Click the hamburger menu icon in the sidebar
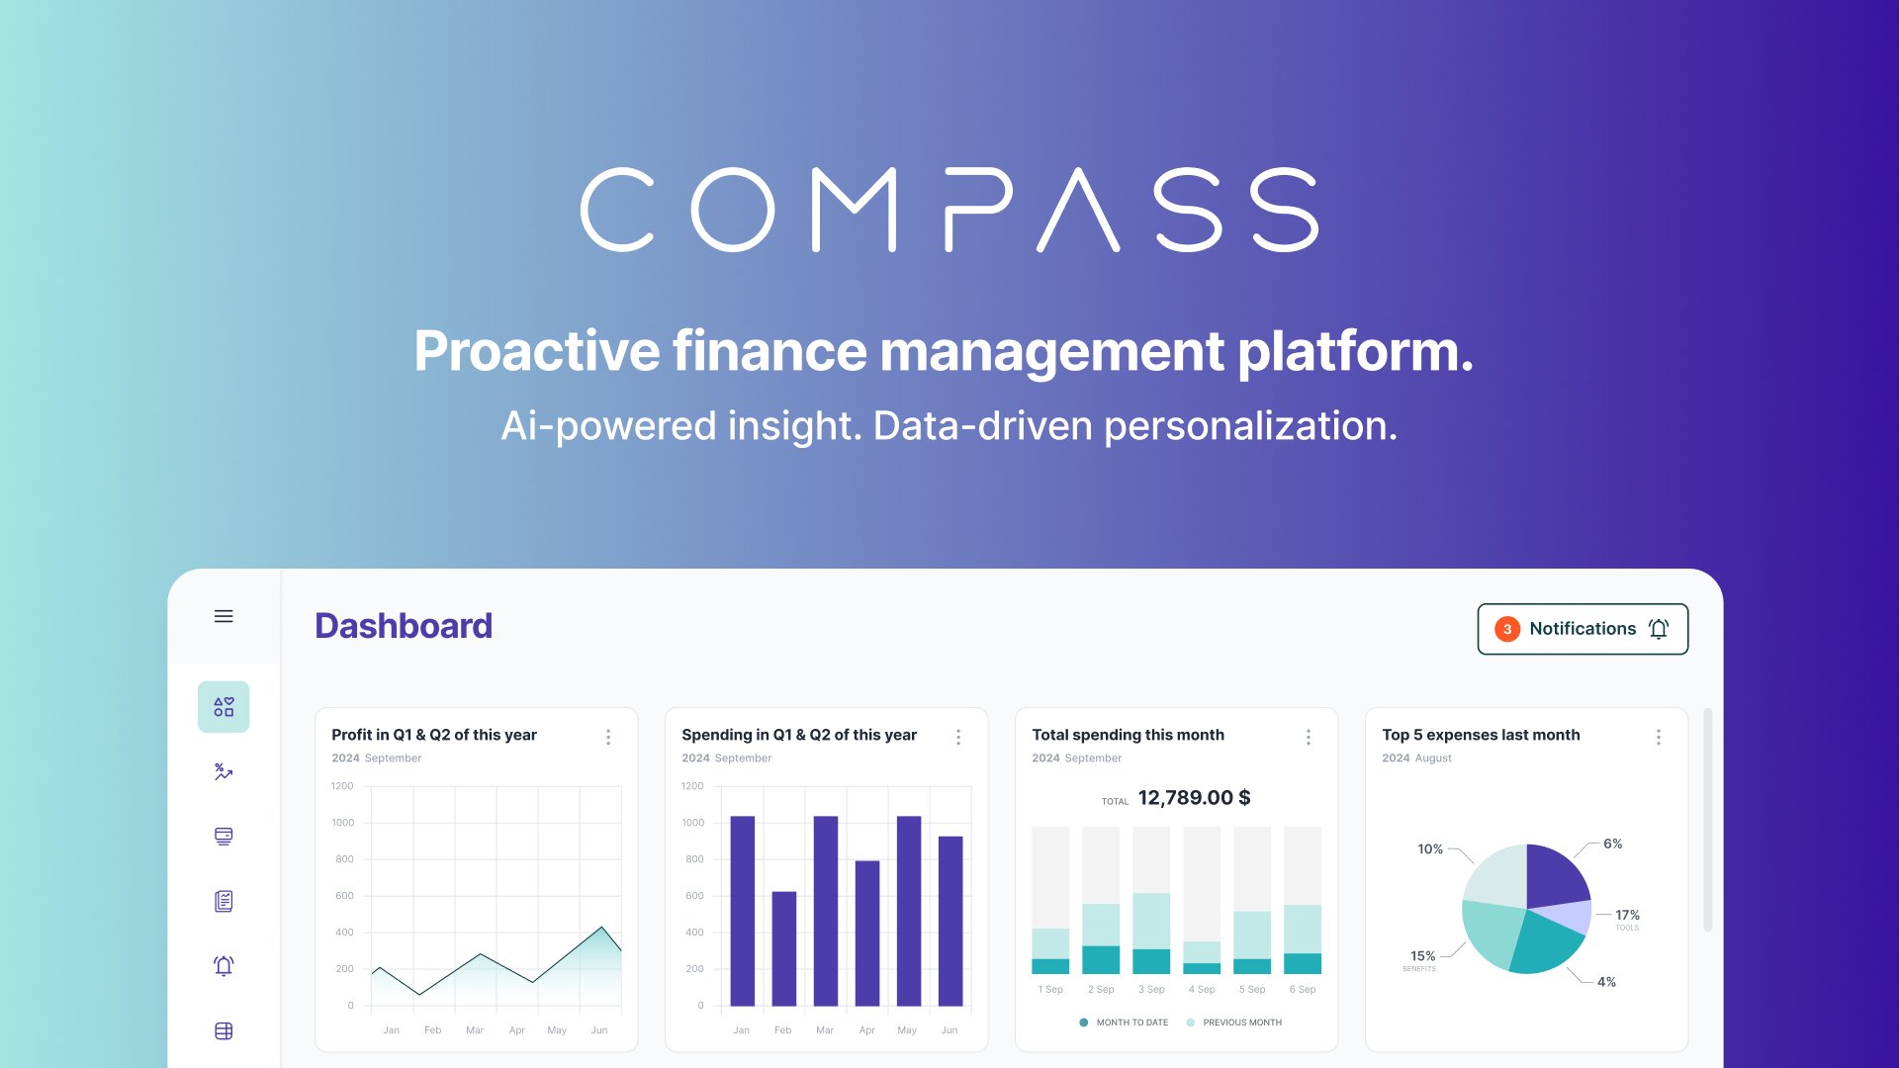tap(224, 616)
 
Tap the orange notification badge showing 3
tap(1506, 629)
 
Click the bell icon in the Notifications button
tap(1659, 629)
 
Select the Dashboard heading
tap(404, 626)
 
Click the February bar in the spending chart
tap(783, 948)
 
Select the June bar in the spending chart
tap(949, 921)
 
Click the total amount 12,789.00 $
tap(1194, 798)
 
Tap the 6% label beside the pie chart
tap(1612, 844)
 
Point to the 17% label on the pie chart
tap(1627, 915)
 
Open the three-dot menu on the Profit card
tap(608, 737)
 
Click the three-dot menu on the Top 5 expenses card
tap(1659, 737)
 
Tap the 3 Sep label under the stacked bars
tap(1151, 989)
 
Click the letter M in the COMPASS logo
tap(854, 210)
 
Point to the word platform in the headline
tap(1355, 351)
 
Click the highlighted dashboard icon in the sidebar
tap(224, 707)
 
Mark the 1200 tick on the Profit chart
tap(342, 786)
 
